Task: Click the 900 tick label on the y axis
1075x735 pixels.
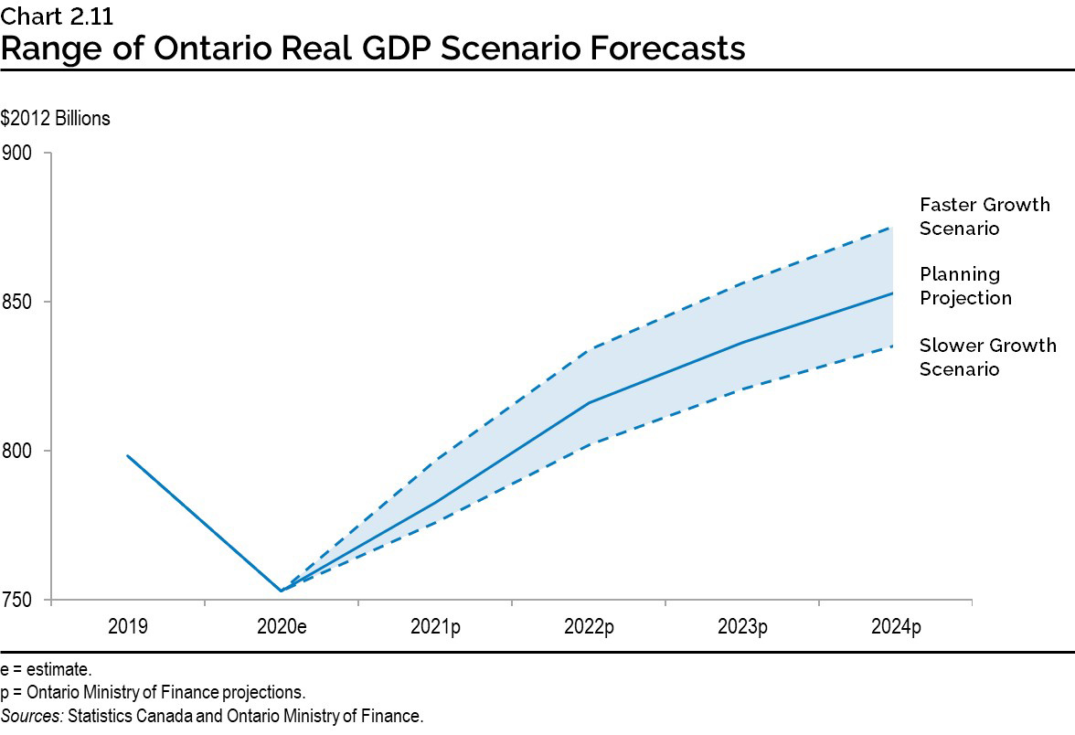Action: [x=18, y=153]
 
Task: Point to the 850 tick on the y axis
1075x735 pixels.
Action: [x=18, y=302]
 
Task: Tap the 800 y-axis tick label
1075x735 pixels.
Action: [x=18, y=451]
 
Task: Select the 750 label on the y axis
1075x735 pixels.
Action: [x=18, y=601]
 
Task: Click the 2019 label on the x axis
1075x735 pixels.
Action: [x=127, y=627]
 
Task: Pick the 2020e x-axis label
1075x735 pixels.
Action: [x=281, y=627]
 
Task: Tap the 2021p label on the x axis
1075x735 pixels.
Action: [x=434, y=627]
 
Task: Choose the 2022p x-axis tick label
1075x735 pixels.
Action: [x=588, y=627]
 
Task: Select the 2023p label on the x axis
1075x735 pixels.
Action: [x=741, y=627]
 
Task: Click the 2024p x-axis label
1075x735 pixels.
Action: [x=895, y=627]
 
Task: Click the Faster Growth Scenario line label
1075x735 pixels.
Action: [x=985, y=217]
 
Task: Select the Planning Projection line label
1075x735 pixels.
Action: [x=965, y=286]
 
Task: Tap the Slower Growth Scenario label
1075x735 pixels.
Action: [x=987, y=357]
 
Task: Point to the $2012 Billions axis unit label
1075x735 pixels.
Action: [x=56, y=119]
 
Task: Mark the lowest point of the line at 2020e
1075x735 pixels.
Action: [x=281, y=591]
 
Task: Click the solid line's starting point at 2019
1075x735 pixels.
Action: [x=127, y=455]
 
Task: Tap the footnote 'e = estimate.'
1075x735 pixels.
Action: [x=47, y=670]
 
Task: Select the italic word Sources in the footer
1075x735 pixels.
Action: [x=31, y=715]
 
